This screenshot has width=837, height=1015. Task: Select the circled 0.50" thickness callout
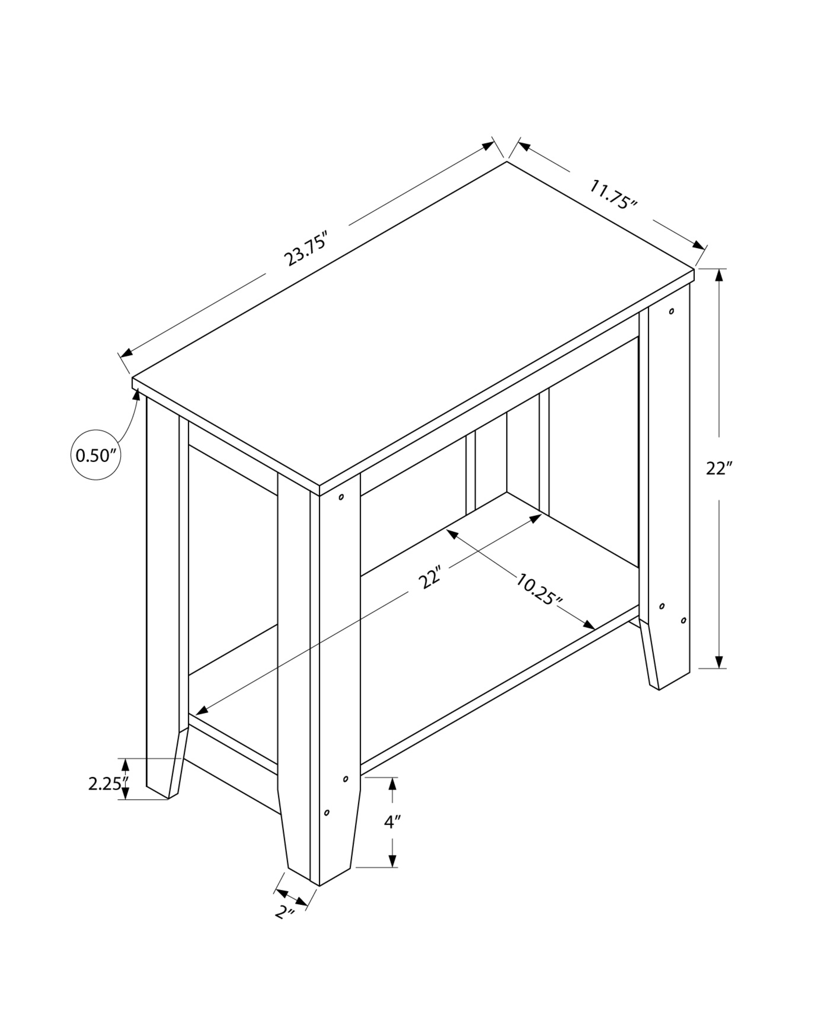click(x=96, y=455)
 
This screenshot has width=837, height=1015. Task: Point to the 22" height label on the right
click(x=718, y=468)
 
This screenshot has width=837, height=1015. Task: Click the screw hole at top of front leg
click(x=341, y=497)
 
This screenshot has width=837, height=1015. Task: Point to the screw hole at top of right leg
click(x=671, y=311)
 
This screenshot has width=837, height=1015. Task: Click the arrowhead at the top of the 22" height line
click(x=719, y=275)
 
